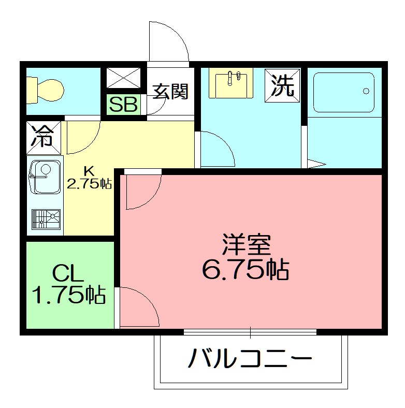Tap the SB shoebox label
point(124,105)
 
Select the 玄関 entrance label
point(169,92)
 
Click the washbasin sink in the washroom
point(231,83)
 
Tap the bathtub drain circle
point(366,91)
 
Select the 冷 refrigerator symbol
point(44,137)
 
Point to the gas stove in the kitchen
point(46,219)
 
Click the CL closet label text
point(68,273)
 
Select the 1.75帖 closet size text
point(69,295)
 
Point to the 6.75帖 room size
point(245,269)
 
